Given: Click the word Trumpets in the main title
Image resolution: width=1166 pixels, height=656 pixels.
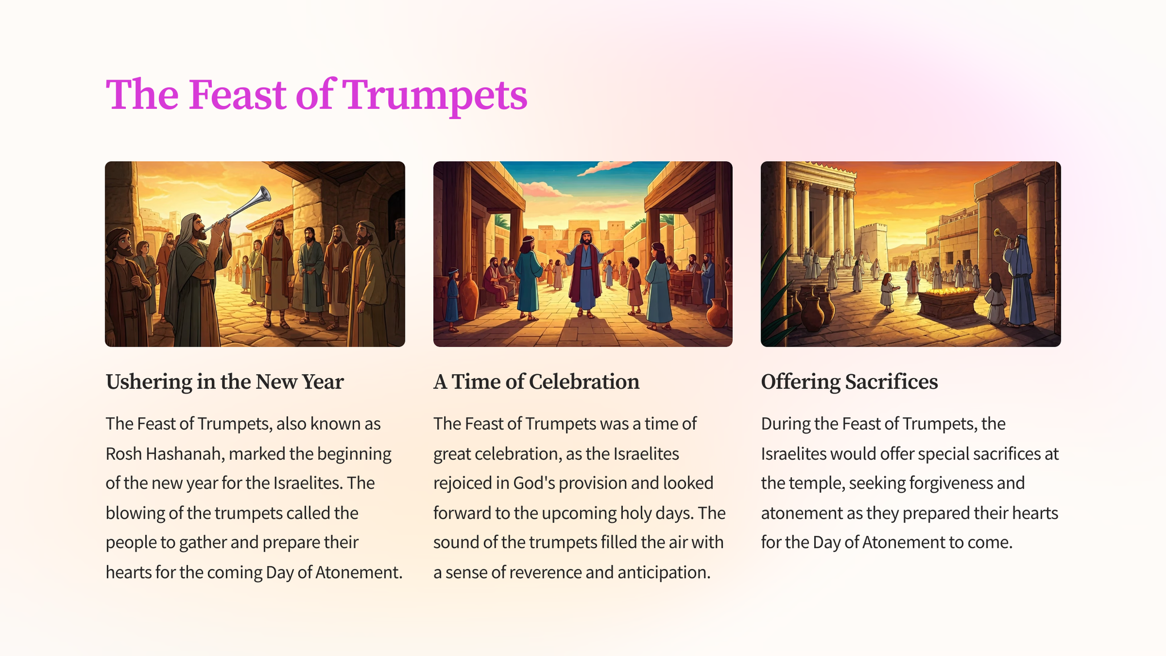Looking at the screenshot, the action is point(435,95).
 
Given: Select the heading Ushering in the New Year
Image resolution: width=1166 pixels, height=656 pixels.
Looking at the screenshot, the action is point(224,382).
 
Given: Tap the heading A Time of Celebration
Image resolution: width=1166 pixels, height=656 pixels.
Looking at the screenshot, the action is point(536,382).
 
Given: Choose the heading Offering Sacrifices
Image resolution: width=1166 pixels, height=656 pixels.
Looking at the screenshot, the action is point(849,382).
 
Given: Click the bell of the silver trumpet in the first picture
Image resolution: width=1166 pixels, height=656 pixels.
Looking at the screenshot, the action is point(262,195).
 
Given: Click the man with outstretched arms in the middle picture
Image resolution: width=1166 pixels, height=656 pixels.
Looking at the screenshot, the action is point(585,273).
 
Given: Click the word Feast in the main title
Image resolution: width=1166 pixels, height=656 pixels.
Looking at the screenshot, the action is point(237,95).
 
